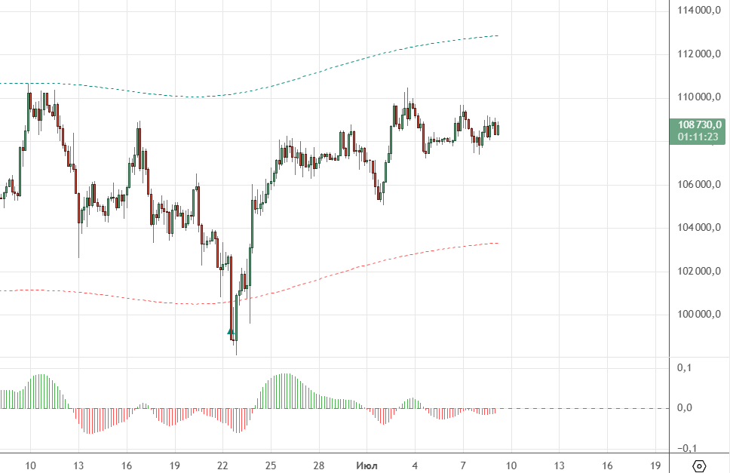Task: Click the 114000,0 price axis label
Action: [701, 11]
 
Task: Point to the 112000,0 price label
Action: [701, 54]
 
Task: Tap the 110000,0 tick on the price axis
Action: [701, 97]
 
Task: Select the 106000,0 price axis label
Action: [701, 185]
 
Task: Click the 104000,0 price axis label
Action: [701, 228]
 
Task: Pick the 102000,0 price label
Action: [701, 272]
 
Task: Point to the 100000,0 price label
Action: [701, 315]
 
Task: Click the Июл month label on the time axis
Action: [367, 465]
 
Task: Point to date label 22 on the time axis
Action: [222, 465]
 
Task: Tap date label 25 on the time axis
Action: [271, 465]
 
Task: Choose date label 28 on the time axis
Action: [319, 465]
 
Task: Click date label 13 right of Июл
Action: [559, 465]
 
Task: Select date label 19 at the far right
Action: [655, 465]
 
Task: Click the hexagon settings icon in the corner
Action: [699, 465]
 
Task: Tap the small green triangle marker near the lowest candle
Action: [230, 330]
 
